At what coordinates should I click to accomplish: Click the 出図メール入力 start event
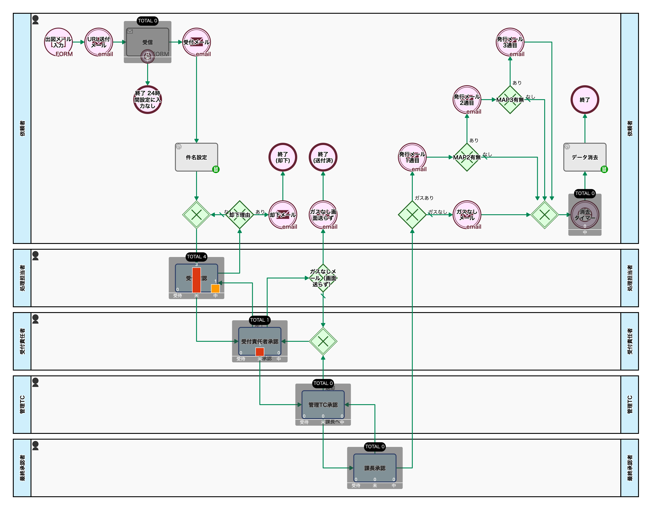point(58,42)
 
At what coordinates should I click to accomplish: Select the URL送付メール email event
point(99,42)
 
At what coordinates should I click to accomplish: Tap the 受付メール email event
point(197,42)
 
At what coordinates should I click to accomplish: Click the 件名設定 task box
point(197,157)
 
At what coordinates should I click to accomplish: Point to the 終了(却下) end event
point(283,157)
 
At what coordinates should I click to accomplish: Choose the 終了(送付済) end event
point(323,157)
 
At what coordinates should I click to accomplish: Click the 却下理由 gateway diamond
point(240,215)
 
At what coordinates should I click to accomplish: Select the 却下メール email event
point(283,215)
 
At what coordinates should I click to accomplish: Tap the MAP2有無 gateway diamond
point(467,157)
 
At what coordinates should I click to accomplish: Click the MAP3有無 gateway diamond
point(510,100)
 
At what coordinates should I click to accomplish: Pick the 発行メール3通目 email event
point(510,42)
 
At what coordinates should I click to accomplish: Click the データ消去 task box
point(585,157)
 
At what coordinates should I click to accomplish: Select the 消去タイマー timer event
point(585,215)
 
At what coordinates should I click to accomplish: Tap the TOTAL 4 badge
point(197,257)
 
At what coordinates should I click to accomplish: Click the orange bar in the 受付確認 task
point(215,288)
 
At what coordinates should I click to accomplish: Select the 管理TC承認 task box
point(323,405)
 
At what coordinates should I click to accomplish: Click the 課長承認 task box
point(375,468)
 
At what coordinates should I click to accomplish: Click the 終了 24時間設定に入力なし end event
point(147,100)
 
